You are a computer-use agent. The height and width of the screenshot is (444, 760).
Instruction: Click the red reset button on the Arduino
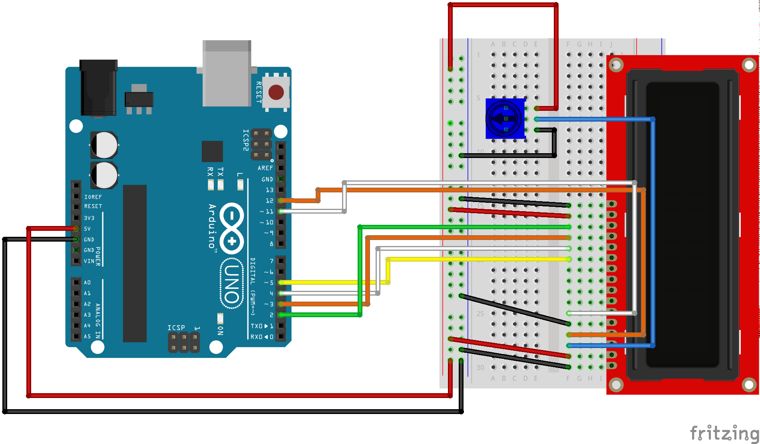pos(276,92)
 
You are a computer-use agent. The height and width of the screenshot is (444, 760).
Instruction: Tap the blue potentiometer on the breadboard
pos(505,119)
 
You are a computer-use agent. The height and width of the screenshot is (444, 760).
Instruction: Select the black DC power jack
pos(98,88)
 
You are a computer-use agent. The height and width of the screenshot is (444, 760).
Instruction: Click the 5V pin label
pos(87,229)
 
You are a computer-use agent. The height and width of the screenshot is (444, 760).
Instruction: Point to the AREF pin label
pos(265,168)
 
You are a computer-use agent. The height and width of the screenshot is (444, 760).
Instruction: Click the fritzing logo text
pos(724,433)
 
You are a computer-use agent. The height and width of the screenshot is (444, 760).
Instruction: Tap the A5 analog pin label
pos(87,336)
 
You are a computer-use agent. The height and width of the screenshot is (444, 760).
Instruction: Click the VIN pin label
pos(89,261)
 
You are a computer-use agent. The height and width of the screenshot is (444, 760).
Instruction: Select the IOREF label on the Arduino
pos(93,197)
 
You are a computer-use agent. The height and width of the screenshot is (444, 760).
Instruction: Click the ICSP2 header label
pos(246,140)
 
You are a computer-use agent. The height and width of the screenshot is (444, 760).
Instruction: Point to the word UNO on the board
pos(232,284)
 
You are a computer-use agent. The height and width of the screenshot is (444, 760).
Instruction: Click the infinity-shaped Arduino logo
pos(232,228)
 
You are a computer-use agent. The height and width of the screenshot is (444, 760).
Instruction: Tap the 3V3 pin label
pos(89,218)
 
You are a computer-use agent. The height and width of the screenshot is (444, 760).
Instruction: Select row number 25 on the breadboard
pos(480,314)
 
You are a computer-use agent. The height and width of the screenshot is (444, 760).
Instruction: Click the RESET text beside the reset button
pos(259,92)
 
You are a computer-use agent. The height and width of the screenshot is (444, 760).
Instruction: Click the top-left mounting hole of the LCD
pos(616,65)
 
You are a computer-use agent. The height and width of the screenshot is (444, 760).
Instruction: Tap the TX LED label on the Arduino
pos(221,172)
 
